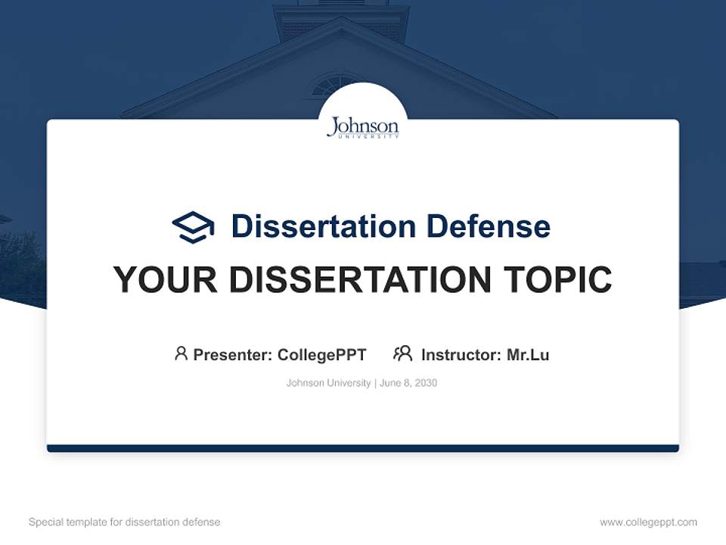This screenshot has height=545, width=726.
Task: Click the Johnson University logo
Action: [362, 127]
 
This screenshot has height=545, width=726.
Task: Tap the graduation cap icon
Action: [193, 226]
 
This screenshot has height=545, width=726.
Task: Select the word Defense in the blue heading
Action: [488, 226]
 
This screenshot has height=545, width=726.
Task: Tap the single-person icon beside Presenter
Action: [181, 353]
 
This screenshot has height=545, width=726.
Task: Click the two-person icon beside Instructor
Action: [402, 353]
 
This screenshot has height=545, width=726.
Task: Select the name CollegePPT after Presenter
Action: [321, 354]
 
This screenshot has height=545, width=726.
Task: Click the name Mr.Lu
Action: [528, 354]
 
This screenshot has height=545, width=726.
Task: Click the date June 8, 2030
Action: [408, 383]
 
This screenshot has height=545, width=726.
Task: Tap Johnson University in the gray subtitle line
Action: [328, 383]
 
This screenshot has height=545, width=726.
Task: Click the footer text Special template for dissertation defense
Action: [125, 522]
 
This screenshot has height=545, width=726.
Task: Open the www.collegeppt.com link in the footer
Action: [648, 522]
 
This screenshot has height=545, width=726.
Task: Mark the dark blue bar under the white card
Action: [362, 448]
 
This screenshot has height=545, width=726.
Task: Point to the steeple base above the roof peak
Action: [341, 19]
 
